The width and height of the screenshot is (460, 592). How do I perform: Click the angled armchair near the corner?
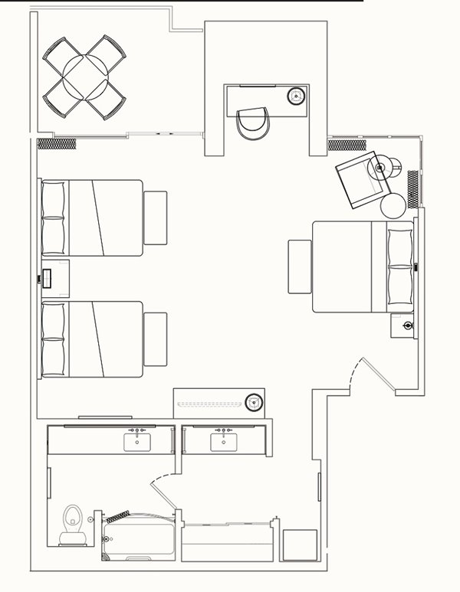pyautogui.click(x=362, y=181)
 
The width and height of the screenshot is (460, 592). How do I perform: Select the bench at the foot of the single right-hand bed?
pyautogui.click(x=300, y=266)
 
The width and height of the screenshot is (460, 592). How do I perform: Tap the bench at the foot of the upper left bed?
pyautogui.click(x=156, y=218)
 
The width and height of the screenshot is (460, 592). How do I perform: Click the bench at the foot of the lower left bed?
pyautogui.click(x=156, y=339)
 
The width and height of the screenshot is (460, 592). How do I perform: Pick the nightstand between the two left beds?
pyautogui.click(x=54, y=278)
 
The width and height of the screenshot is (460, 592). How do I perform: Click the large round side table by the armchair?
pyautogui.click(x=393, y=204)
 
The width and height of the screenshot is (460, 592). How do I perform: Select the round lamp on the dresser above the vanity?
pyautogui.click(x=255, y=401)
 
